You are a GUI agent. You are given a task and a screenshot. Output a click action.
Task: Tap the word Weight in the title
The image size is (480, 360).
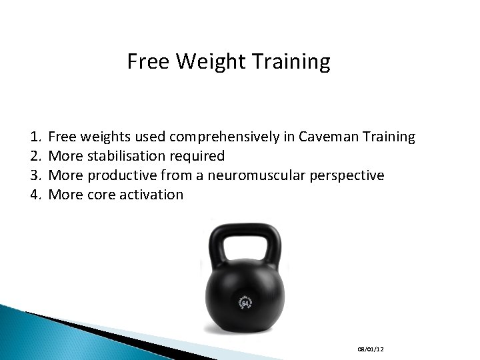[x=198, y=62]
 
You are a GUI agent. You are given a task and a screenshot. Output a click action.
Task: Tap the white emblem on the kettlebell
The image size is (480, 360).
[x=244, y=303]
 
